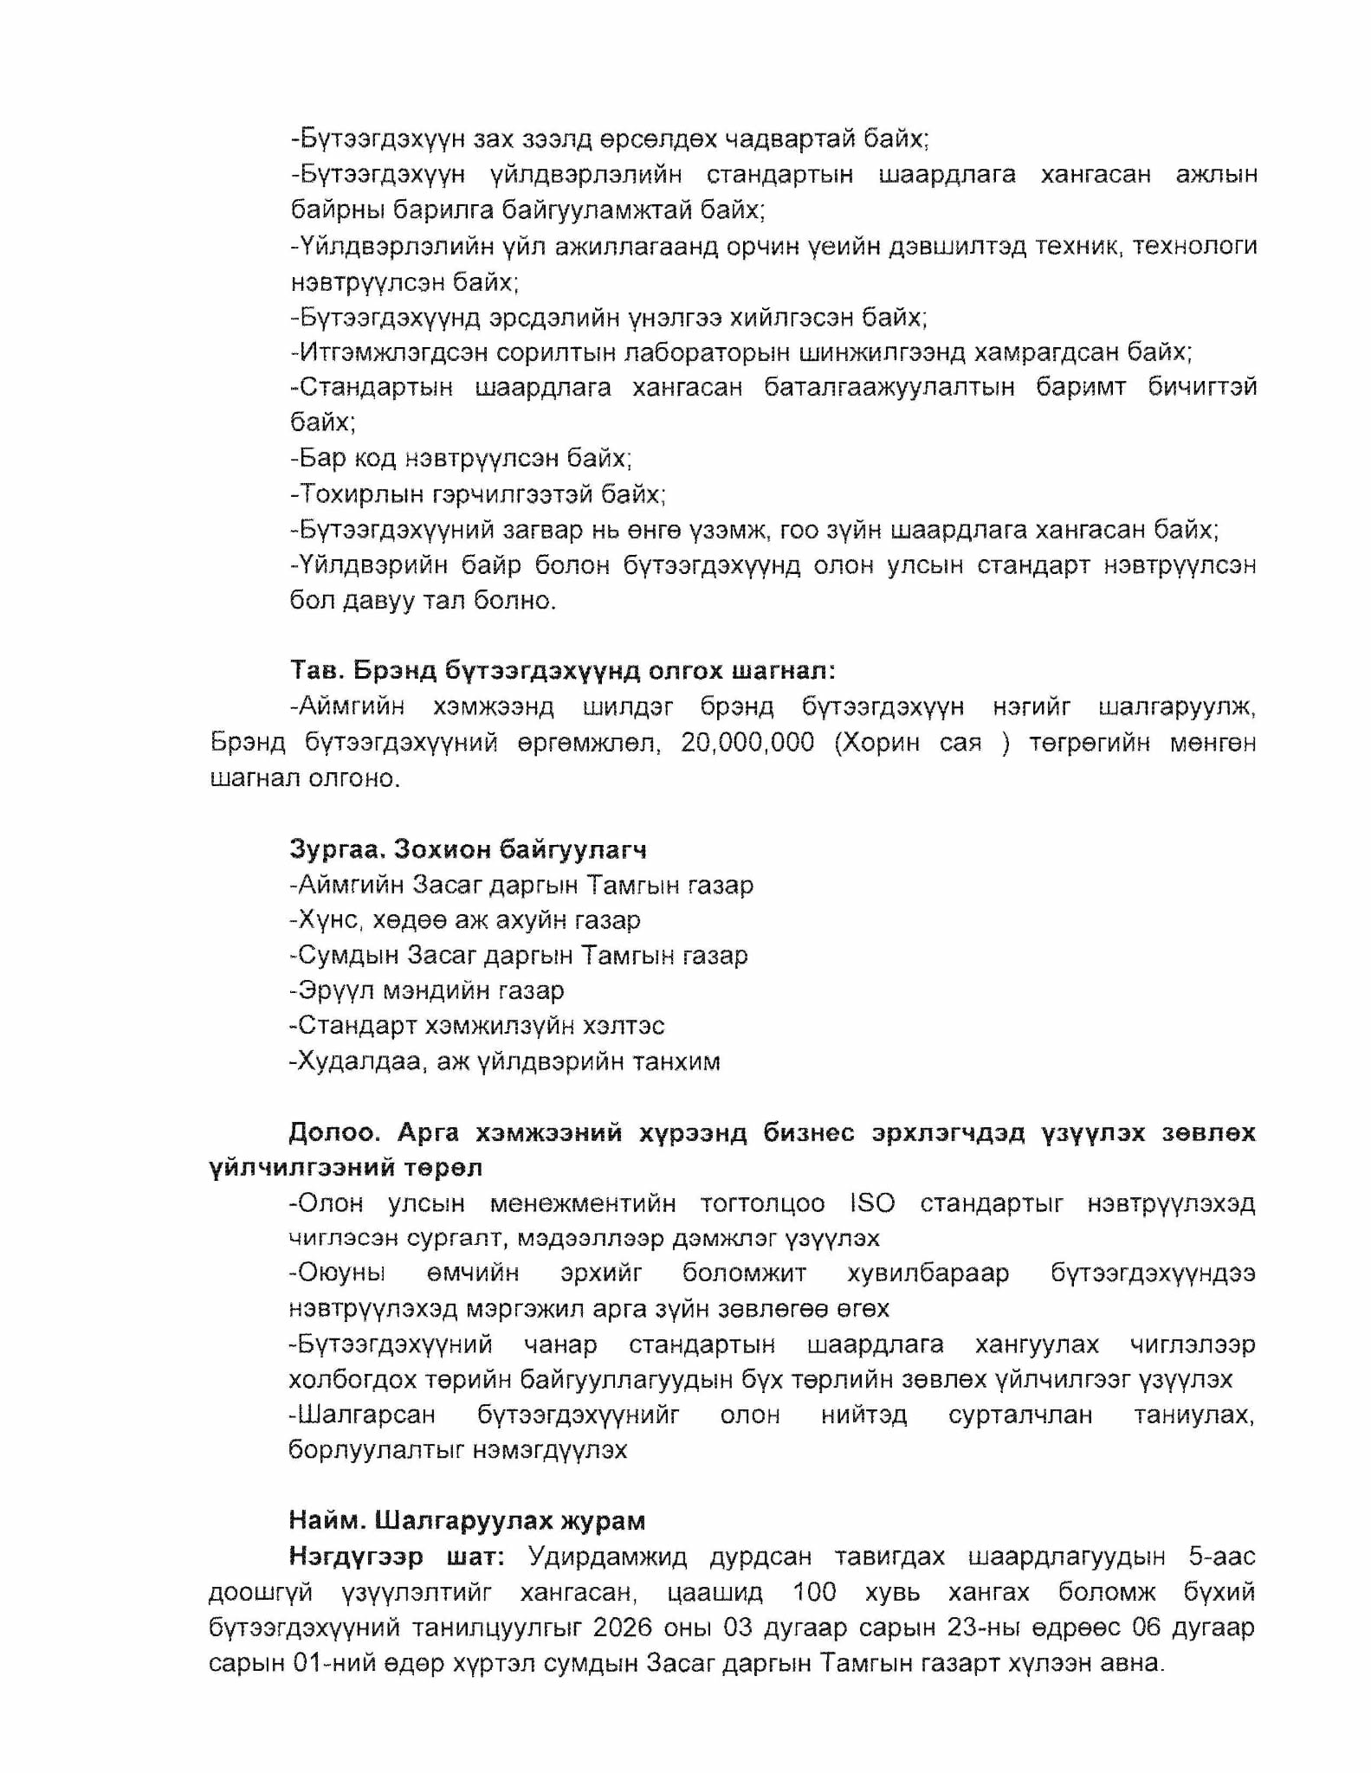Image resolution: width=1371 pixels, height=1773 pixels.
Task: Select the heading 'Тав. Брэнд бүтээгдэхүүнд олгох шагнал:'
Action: pos(563,671)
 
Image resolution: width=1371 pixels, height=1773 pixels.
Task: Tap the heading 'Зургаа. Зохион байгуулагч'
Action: pos(469,849)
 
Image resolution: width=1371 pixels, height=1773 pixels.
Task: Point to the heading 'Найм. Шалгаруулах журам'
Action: pos(468,1521)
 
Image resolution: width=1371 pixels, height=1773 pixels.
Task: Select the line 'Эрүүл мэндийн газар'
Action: pos(427,990)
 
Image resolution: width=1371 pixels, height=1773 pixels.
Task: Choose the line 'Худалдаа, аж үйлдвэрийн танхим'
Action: pos(505,1061)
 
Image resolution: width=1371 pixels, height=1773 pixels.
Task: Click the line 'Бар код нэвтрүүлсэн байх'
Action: pos(462,458)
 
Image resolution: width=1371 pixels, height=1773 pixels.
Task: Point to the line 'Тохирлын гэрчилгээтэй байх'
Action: pos(478,494)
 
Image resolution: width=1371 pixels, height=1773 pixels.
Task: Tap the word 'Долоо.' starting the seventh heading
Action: pos(334,1132)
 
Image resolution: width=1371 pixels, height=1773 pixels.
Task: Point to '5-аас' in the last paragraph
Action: pos(1222,1557)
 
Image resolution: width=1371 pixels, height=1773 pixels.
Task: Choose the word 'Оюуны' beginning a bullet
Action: pos(338,1273)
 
